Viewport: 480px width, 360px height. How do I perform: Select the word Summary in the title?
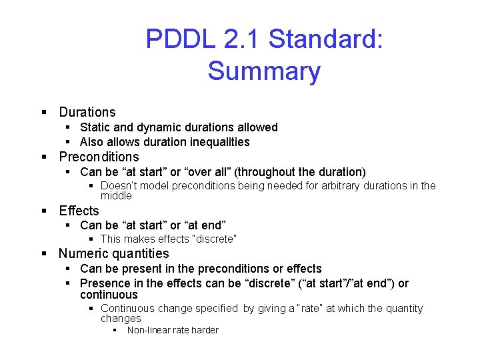264,71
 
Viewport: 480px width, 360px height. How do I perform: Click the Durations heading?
87,112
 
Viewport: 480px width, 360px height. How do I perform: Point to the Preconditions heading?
99,157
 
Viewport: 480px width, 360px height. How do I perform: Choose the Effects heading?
79,211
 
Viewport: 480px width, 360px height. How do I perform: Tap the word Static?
95,127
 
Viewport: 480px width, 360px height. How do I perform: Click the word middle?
116,196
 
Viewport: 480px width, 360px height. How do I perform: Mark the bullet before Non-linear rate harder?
115,330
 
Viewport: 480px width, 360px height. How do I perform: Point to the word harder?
205,330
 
